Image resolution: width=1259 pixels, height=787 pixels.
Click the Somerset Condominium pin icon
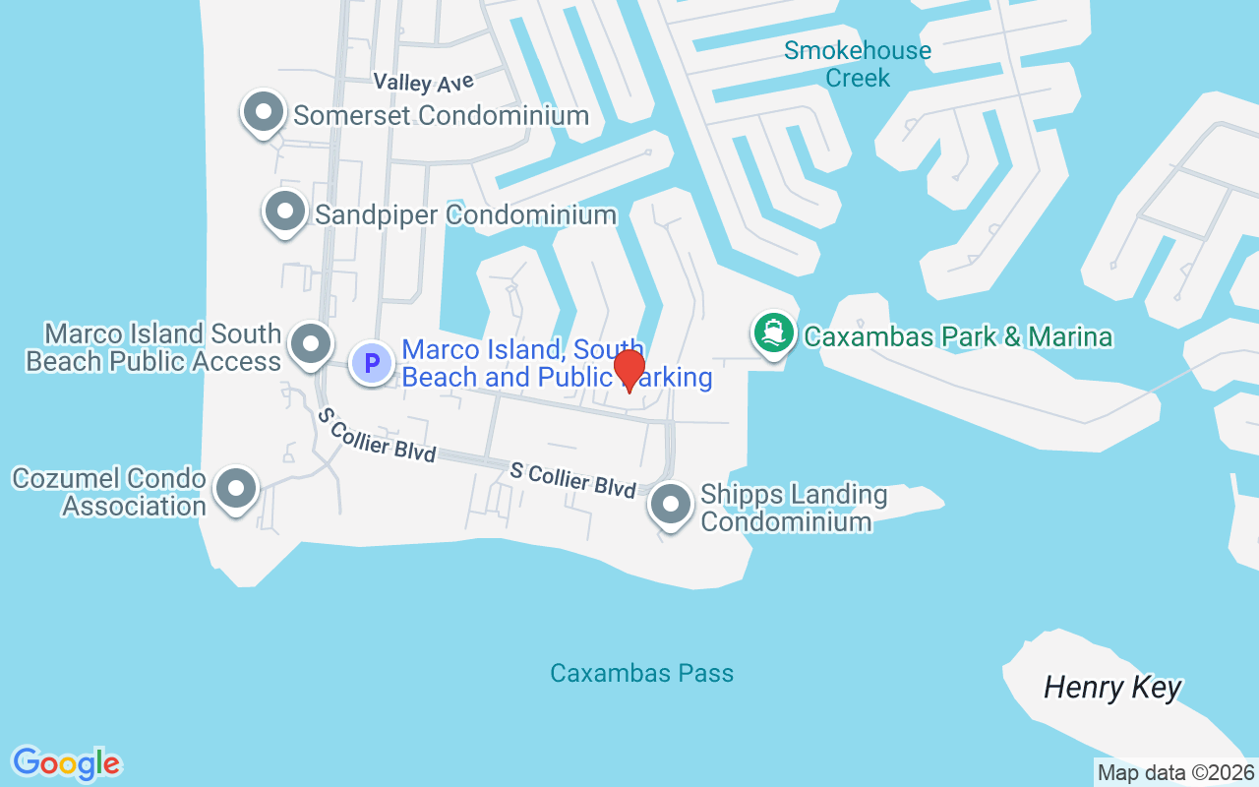pyautogui.click(x=263, y=113)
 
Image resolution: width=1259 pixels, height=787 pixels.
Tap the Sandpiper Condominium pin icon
pyautogui.click(x=285, y=212)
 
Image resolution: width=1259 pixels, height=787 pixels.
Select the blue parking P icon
pyautogui.click(x=372, y=363)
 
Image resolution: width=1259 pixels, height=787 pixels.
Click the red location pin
pyautogui.click(x=629, y=371)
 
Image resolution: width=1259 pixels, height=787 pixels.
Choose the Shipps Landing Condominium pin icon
pyautogui.click(x=672, y=506)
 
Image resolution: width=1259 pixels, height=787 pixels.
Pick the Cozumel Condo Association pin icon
pyautogui.click(x=236, y=489)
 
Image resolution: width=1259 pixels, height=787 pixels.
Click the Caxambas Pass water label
pyautogui.click(x=641, y=674)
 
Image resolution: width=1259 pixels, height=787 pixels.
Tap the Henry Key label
pyautogui.click(x=1112, y=688)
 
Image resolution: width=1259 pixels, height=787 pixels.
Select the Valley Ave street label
pyautogui.click(x=424, y=82)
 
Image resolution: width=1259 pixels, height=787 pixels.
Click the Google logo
pyautogui.click(x=66, y=763)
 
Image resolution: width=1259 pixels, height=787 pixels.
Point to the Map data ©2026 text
pyautogui.click(x=1176, y=773)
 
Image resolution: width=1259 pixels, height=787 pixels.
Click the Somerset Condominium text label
pyautogui.click(x=441, y=115)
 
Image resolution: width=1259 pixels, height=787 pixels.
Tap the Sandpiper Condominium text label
pyautogui.click(x=465, y=214)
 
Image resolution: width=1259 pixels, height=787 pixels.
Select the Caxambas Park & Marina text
pyautogui.click(x=958, y=337)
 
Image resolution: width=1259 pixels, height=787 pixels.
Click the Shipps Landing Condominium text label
pyautogui.click(x=794, y=508)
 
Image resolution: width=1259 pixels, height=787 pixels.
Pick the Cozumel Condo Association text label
pyautogui.click(x=109, y=493)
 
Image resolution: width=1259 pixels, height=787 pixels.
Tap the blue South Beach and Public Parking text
pyautogui.click(x=557, y=363)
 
